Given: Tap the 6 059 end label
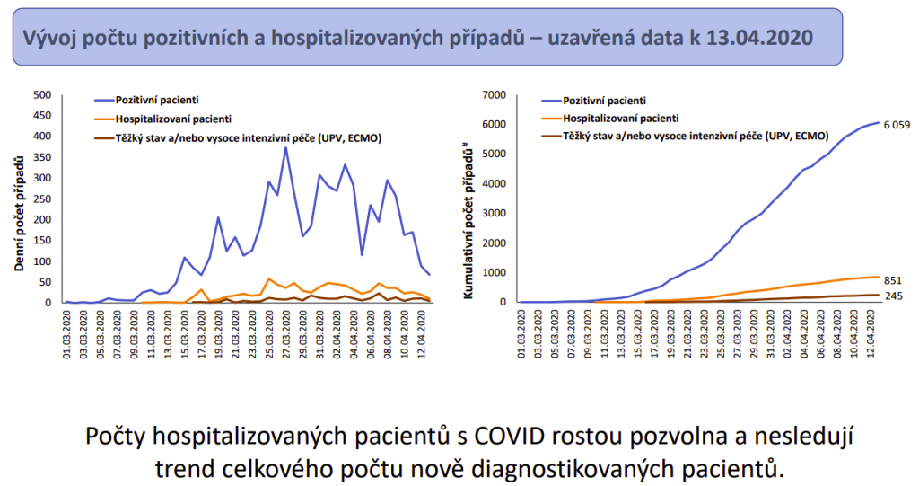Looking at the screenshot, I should (897, 125).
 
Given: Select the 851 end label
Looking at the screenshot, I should (895, 279).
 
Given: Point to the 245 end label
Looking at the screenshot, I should (895, 296).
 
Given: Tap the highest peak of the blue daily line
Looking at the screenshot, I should (285, 147).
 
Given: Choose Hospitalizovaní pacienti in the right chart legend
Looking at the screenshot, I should (620, 118).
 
